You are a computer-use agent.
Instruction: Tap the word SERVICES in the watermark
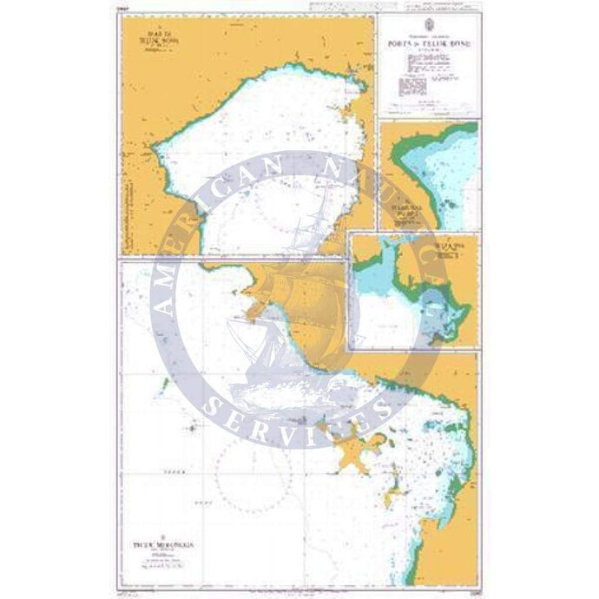tap(304, 417)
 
